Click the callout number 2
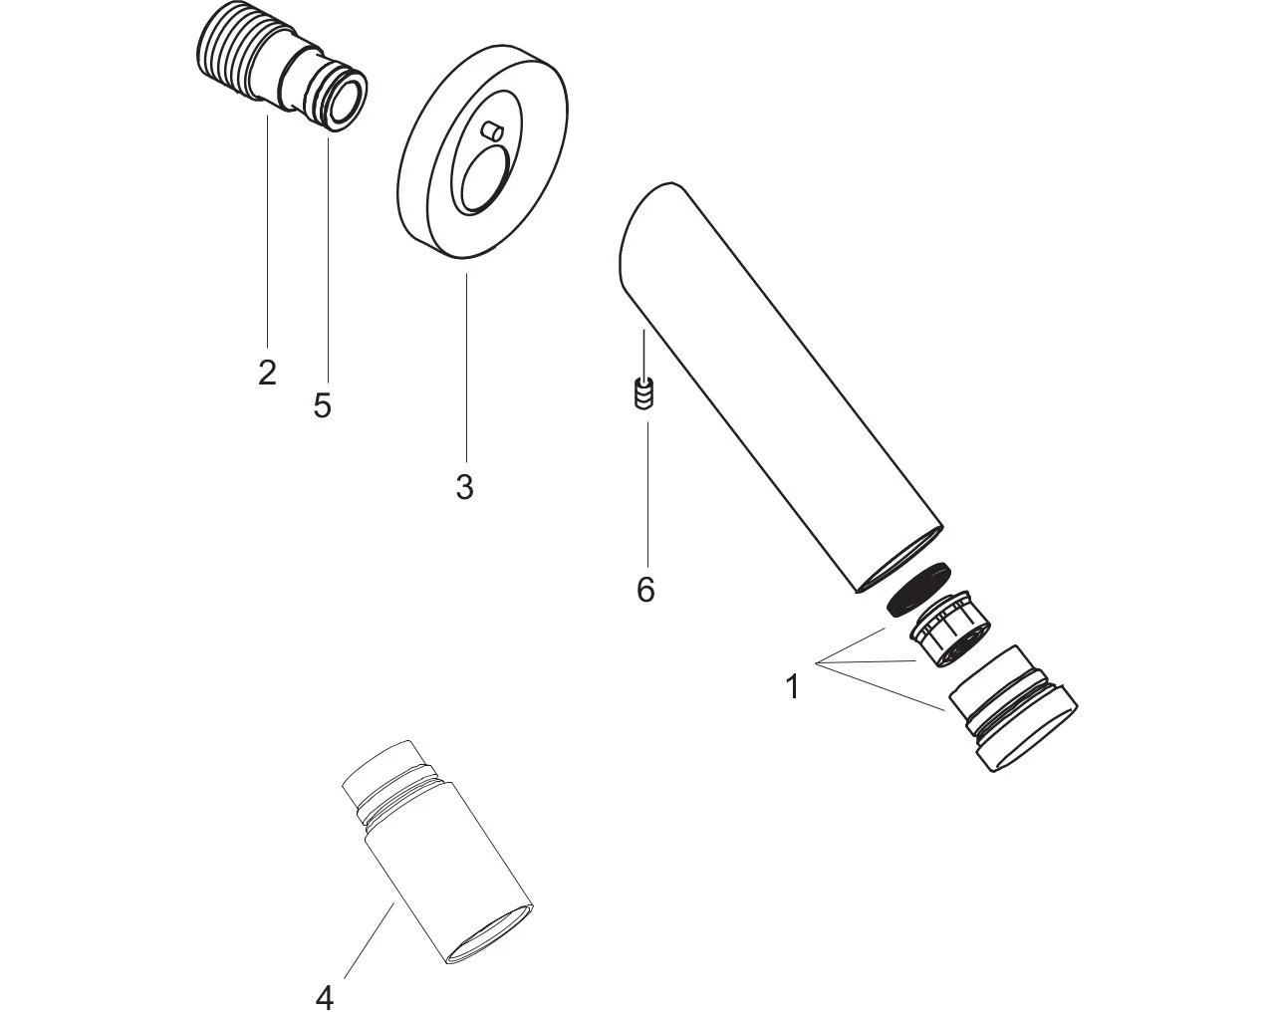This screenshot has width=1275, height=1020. pyautogui.click(x=267, y=373)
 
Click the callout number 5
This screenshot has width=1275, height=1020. pyautogui.click(x=323, y=405)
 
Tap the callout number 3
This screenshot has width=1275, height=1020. pyautogui.click(x=465, y=486)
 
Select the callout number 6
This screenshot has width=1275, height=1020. pyautogui.click(x=645, y=589)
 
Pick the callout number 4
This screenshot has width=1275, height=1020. pyautogui.click(x=324, y=999)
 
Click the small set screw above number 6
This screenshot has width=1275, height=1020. pyautogui.click(x=644, y=392)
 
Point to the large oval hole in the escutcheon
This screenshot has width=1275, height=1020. pyautogui.click(x=484, y=178)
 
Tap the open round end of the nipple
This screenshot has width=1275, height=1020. pyautogui.click(x=346, y=102)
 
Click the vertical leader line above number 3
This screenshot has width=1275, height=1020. pyautogui.click(x=466, y=368)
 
